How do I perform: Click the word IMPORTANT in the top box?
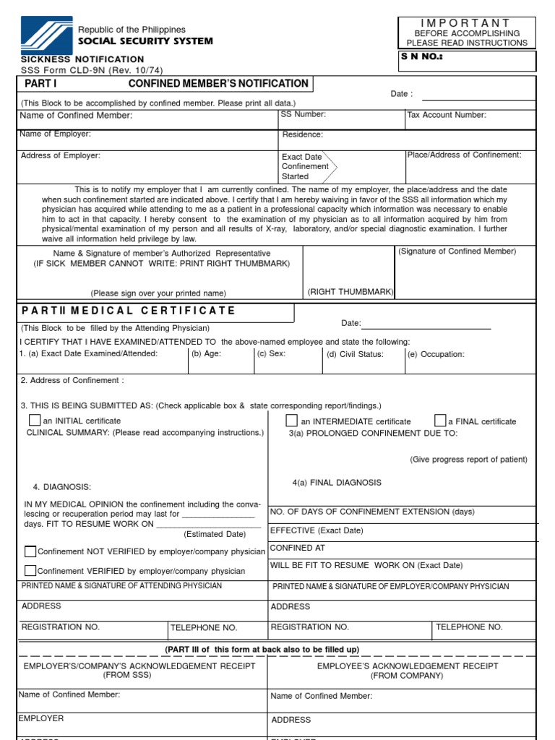(x=466, y=23)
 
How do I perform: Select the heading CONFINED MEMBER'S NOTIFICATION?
(x=218, y=84)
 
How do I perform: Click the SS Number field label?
(x=304, y=114)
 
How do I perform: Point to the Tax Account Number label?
(x=447, y=115)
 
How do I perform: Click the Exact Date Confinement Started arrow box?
(x=308, y=166)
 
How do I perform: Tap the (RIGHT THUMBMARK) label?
(x=350, y=292)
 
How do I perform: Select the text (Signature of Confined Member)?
(x=457, y=251)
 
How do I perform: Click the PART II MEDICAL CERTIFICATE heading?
(x=129, y=311)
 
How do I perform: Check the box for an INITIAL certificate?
(x=35, y=420)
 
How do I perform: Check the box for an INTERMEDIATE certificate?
(x=291, y=421)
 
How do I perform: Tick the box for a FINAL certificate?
(x=440, y=421)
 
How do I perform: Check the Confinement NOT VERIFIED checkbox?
(x=30, y=551)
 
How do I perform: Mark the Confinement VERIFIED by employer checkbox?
(x=30, y=570)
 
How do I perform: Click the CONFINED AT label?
(x=292, y=548)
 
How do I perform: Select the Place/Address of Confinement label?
(x=464, y=155)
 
